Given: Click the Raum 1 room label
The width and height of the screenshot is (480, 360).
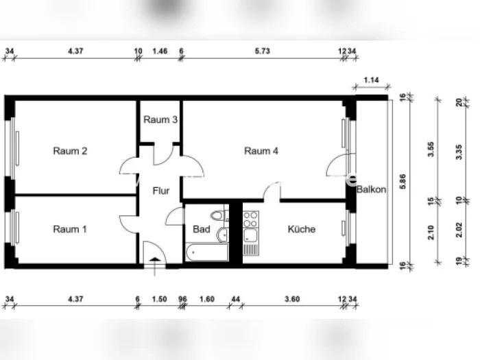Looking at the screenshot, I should point(70,229).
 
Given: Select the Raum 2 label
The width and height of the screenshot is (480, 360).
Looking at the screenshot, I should point(70,152).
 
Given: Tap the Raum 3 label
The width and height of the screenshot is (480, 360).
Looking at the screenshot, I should point(160,120).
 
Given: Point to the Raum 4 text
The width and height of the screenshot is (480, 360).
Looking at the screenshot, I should point(261,152).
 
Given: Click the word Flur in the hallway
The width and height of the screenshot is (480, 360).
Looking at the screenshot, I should point(160,191).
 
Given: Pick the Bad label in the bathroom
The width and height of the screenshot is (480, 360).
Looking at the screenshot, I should point(201,229).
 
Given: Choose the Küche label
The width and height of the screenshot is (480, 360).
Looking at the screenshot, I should point(302,229).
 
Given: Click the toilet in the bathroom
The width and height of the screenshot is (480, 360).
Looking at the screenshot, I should point(218,215).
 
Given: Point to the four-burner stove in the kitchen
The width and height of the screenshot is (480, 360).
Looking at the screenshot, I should point(250,220).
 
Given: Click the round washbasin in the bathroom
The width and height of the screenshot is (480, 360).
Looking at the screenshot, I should point(221,237).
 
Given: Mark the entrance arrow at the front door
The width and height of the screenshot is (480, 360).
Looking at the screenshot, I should point(156,261).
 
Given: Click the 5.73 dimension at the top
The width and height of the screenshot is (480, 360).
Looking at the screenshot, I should point(263,51).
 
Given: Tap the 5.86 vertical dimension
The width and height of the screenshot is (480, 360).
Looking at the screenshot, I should point(403,180).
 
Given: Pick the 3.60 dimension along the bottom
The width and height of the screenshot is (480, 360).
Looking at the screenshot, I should point(293,299).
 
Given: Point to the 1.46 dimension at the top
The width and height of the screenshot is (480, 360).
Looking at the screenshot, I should point(160,51).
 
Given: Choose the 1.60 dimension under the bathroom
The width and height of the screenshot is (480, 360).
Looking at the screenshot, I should point(207,299).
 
